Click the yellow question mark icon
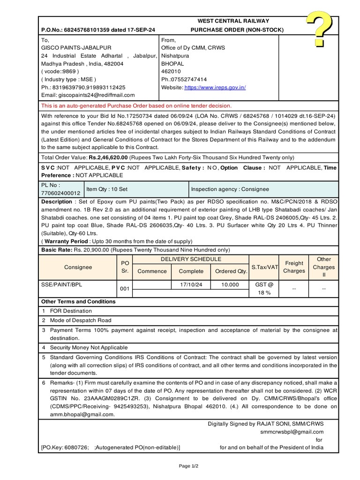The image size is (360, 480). coord(320,29)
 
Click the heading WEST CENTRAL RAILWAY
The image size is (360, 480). coord(233,21)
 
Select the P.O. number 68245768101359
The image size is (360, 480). coord(86,30)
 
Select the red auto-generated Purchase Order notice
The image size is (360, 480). coord(136,106)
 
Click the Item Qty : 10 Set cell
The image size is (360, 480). coord(107,189)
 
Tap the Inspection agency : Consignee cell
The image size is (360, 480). coord(230,189)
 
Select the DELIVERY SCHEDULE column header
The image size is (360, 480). coord(191,259)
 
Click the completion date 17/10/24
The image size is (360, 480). coord(191,285)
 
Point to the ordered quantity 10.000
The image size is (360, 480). coord(230,285)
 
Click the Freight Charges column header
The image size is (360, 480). coord(294,267)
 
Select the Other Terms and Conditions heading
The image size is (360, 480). coord(78,301)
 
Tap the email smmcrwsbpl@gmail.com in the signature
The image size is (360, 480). coord(292,432)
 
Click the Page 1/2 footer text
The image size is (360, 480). coord(188,466)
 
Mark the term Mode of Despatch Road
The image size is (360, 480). coord(81,320)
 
